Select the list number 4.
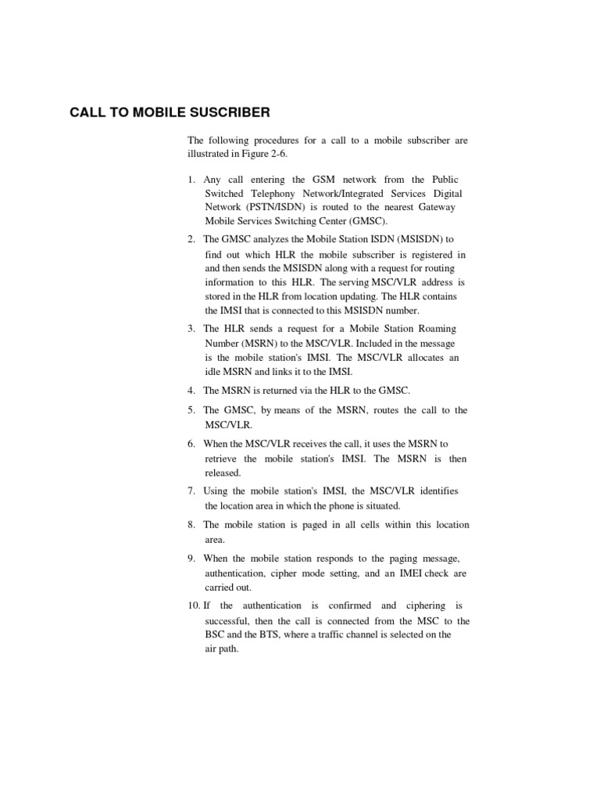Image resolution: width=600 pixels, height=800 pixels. (x=191, y=390)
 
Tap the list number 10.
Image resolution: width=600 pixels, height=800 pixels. (x=193, y=605)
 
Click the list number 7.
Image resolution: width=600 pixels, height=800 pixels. (x=191, y=491)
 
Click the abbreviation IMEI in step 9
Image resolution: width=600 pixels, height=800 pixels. (x=398, y=573)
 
